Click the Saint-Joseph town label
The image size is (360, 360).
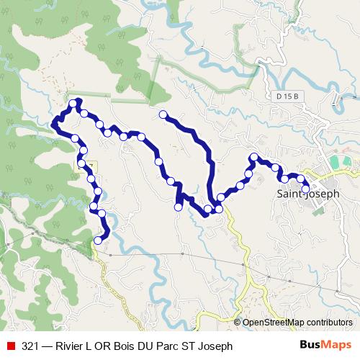point(308,194)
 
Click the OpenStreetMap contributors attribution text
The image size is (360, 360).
point(297,323)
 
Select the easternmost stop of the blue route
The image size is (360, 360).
point(305,189)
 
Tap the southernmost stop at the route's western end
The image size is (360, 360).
point(98,241)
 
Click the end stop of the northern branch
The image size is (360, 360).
point(163,114)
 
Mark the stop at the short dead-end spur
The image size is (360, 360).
point(178,207)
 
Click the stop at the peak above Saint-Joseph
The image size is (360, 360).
point(253,158)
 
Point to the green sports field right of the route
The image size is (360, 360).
point(343,163)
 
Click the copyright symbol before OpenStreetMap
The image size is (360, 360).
point(238,323)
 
